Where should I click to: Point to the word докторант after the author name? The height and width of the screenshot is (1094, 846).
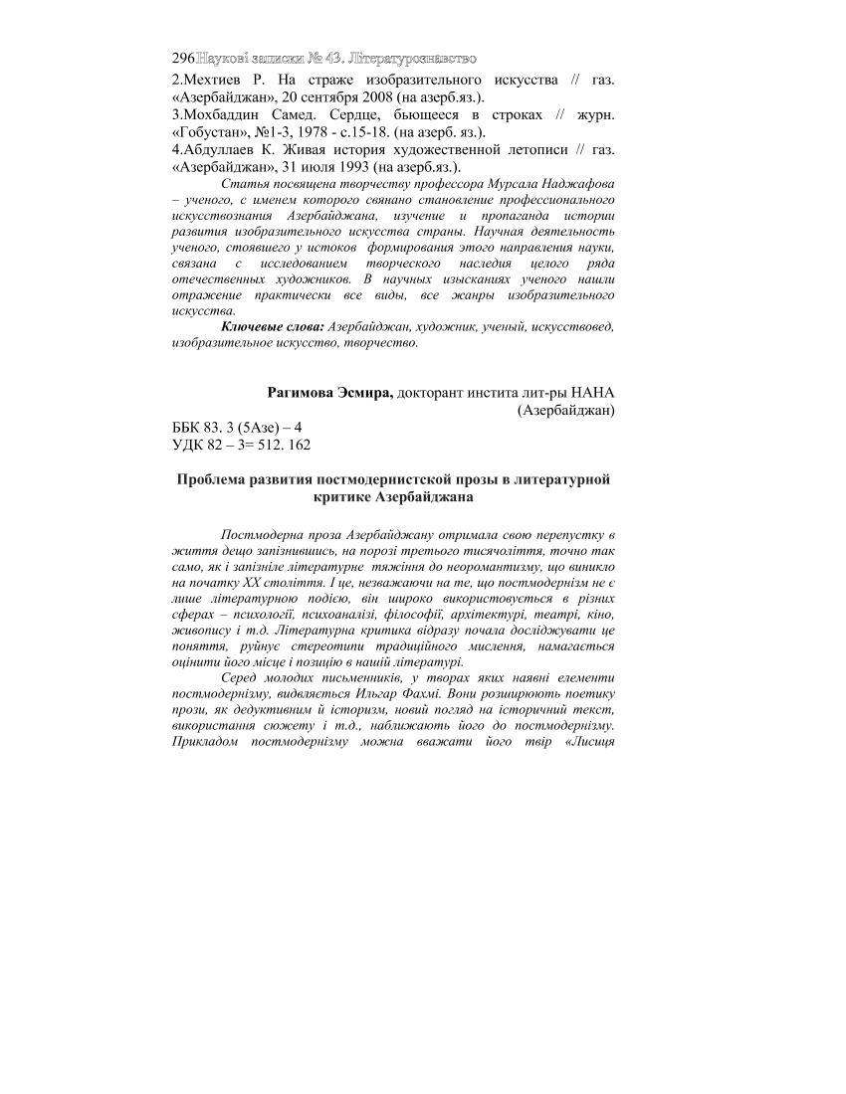coord(433,392)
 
